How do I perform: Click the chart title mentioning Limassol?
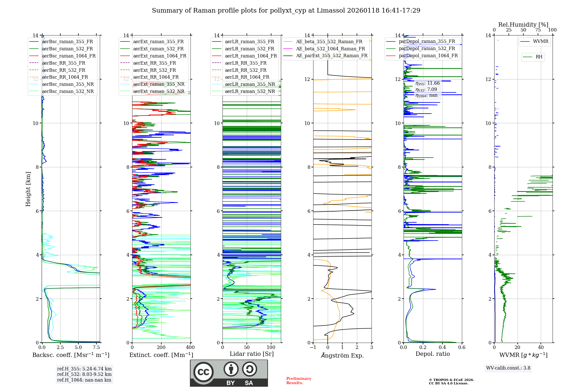(x=286, y=11)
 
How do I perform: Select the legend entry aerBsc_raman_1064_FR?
(x=69, y=56)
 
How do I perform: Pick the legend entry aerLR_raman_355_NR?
(x=250, y=84)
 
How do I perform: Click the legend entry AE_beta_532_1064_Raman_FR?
(x=330, y=49)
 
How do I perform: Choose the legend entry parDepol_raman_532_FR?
(x=427, y=48)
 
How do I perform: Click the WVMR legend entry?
(x=541, y=41)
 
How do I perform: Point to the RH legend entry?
(x=539, y=57)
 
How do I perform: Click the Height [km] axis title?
(x=28, y=189)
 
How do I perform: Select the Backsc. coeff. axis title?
(x=71, y=355)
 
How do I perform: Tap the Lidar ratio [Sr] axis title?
(x=251, y=354)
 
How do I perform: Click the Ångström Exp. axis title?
(x=342, y=355)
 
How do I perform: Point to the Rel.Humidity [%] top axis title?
(x=523, y=25)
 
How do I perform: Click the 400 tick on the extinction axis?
(x=190, y=347)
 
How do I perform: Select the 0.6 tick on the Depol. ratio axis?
(x=462, y=347)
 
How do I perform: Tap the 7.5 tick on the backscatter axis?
(x=96, y=347)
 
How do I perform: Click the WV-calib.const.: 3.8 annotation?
(x=508, y=368)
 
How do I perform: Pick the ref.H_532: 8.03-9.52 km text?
(x=84, y=374)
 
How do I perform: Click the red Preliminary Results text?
(x=299, y=380)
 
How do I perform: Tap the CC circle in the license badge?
(x=203, y=372)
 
